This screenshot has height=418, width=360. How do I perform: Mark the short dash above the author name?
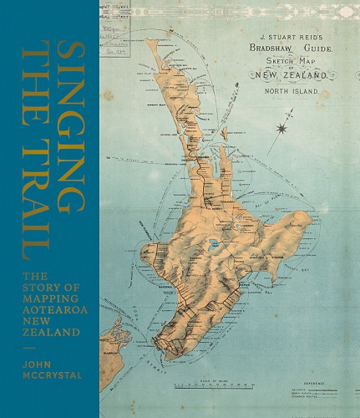pos(29,350)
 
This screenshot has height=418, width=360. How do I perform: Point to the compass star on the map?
pos(290,128)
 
